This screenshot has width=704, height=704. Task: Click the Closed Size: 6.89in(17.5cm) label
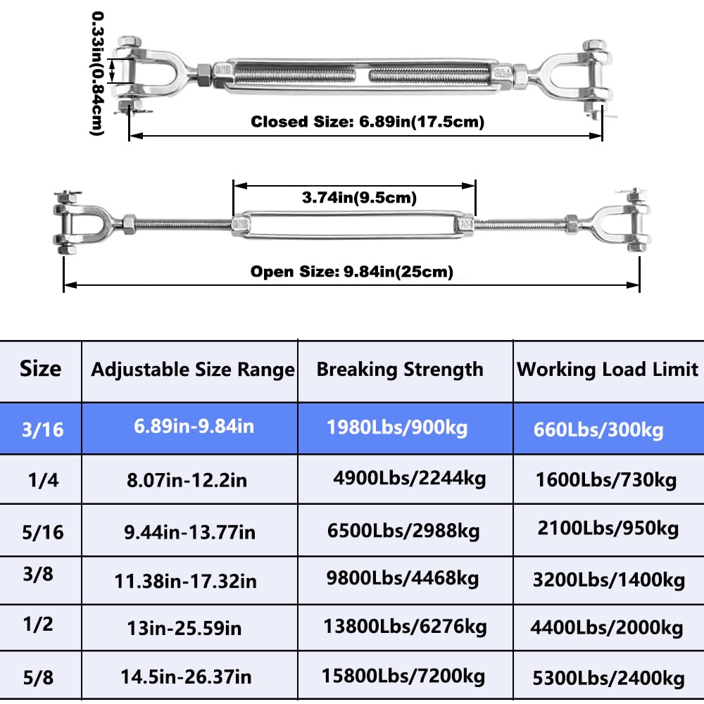(367, 122)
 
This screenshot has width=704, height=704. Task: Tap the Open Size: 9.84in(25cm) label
(351, 272)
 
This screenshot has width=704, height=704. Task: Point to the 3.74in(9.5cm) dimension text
(359, 198)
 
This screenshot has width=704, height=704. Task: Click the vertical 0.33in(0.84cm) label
(97, 73)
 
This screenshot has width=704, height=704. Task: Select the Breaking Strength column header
(400, 370)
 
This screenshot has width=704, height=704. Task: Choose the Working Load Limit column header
(608, 370)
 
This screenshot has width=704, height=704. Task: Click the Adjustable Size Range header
(193, 370)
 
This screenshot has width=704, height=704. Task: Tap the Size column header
(40, 369)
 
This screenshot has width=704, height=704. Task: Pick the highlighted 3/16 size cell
(43, 429)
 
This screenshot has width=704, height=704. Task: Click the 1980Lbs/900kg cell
(397, 428)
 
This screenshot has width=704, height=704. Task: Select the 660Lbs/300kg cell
(598, 430)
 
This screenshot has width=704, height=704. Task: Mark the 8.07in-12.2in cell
(187, 480)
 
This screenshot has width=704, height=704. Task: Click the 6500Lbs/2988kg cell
(403, 531)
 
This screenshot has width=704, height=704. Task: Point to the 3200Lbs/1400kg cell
(609, 580)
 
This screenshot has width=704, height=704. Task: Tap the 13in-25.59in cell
(184, 628)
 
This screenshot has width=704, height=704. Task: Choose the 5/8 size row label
(38, 677)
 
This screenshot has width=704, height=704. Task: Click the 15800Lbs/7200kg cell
(403, 676)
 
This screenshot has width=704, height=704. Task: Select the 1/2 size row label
(38, 624)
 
